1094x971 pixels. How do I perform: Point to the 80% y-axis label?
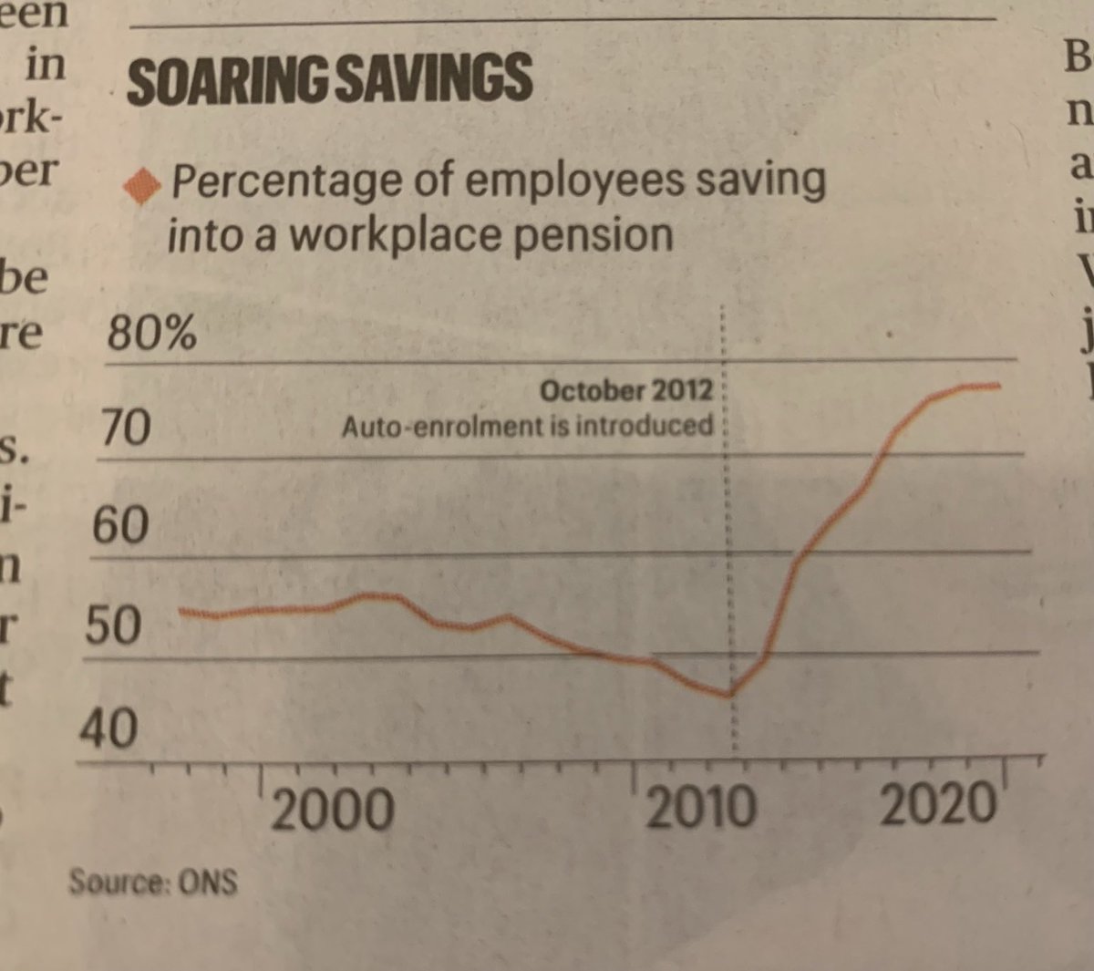[151, 334]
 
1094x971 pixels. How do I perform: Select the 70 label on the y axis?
[126, 428]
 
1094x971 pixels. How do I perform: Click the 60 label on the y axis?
[119, 525]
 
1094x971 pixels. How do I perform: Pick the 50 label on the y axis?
[114, 626]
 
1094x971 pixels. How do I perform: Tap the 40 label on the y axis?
[108, 729]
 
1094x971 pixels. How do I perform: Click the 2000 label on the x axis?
[333, 810]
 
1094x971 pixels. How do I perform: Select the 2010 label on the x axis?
[700, 808]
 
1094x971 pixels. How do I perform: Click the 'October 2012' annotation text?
[625, 391]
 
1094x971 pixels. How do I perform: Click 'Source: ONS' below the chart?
[152, 882]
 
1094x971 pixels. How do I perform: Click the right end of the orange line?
[1000, 386]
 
